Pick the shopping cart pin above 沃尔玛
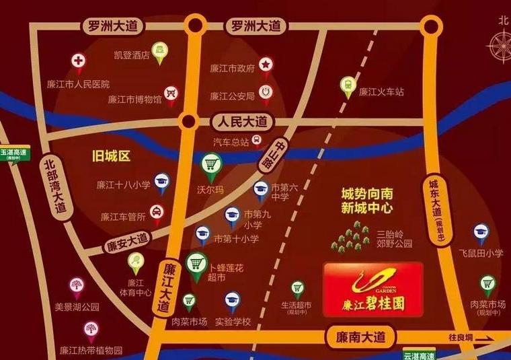pos(212,164)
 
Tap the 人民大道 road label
pos(240,122)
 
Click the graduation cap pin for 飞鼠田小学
pos(481,232)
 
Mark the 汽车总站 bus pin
pos(258,141)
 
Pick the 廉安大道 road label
pos(127,240)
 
